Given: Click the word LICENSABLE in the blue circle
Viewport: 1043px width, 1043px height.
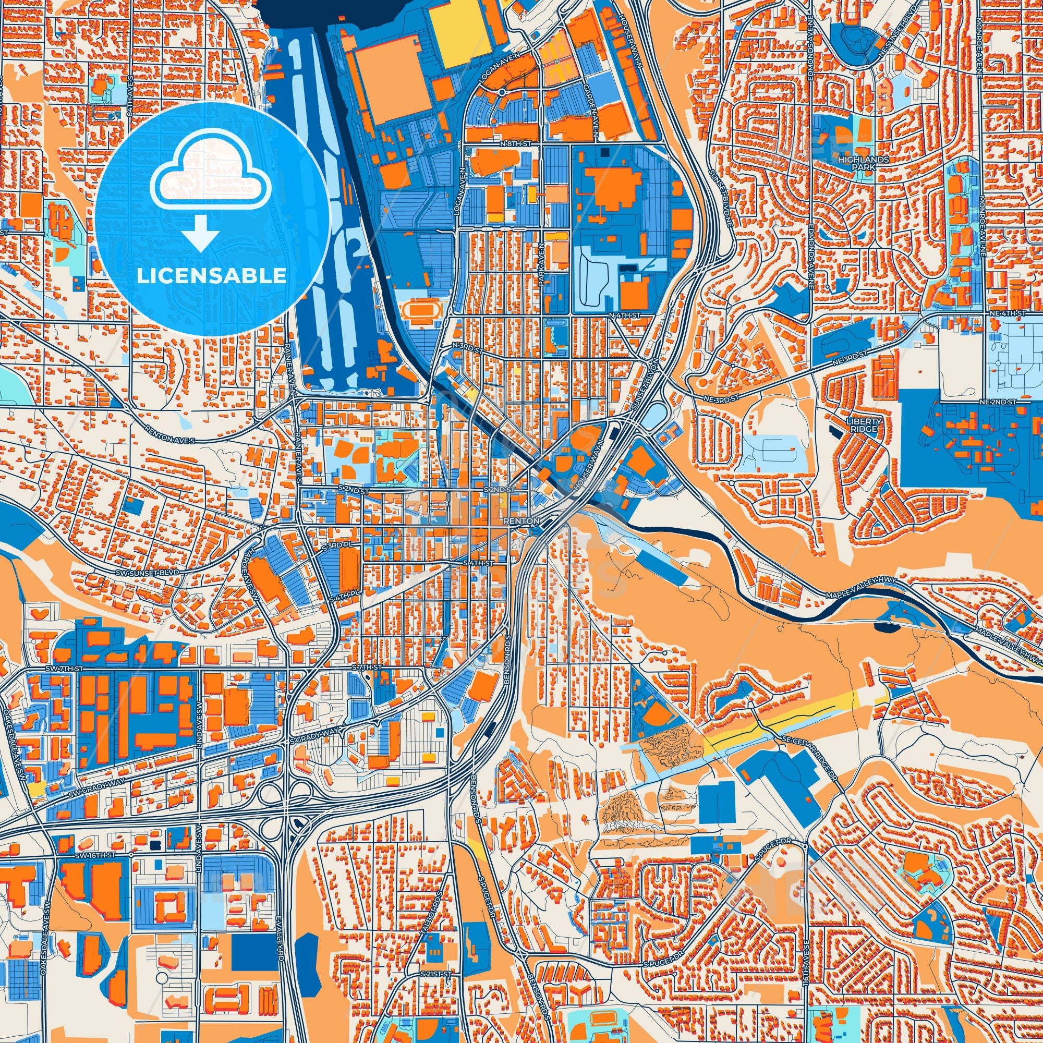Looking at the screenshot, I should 212,276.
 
